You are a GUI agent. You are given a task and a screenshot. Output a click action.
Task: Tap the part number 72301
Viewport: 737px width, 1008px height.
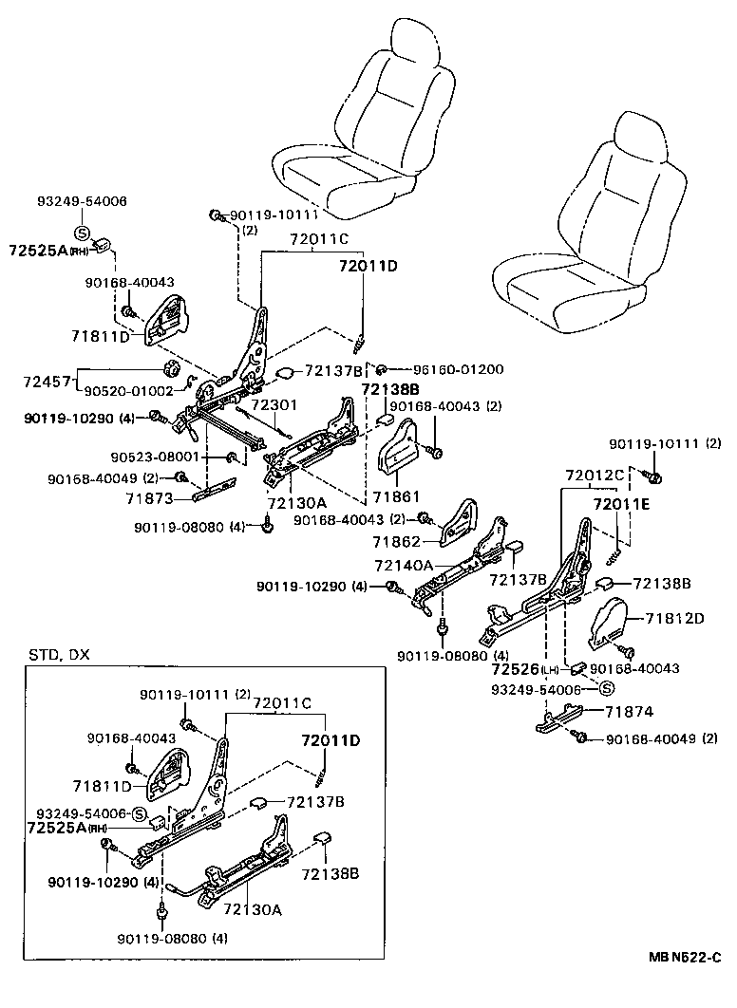[274, 404]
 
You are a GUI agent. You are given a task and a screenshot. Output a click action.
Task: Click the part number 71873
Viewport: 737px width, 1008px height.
[153, 497]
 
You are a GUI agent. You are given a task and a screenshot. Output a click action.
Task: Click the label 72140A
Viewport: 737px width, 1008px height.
[405, 566]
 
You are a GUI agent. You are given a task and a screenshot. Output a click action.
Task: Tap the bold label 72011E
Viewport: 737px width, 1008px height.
[622, 504]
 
